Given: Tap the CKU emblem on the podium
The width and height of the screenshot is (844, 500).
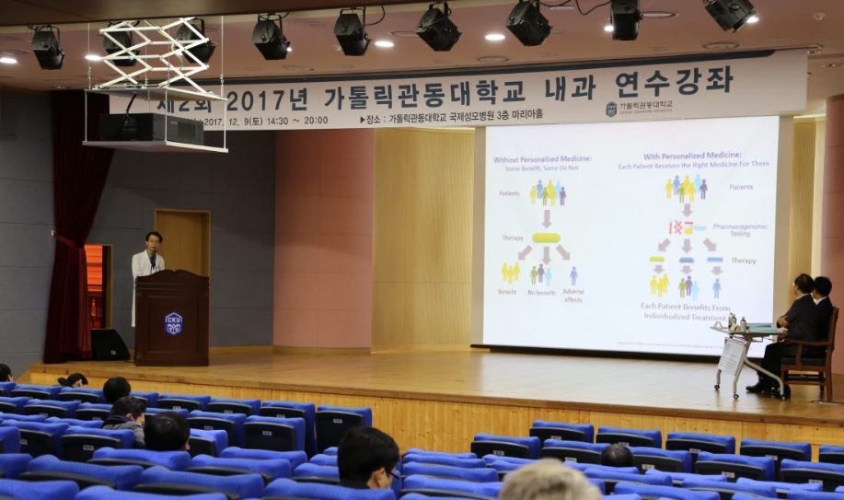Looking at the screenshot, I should point(173,323).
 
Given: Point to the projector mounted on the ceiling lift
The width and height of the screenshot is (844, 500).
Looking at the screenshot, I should point(151,128).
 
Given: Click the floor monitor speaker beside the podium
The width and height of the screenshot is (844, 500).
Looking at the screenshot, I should point(110,344).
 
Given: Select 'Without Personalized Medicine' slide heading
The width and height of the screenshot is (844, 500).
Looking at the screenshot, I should point(543,163).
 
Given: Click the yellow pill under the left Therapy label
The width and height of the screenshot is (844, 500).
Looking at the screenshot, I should point(546,238).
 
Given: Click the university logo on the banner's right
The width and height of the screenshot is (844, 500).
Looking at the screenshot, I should point(611,109).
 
